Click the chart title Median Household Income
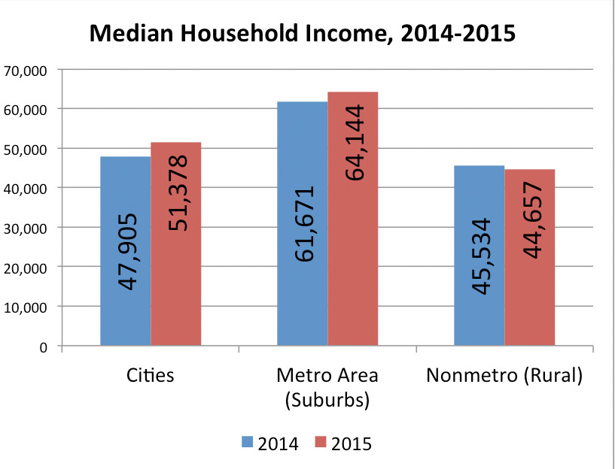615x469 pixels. tap(303, 34)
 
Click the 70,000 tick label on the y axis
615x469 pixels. tap(27, 70)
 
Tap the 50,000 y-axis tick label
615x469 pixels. tap(27, 149)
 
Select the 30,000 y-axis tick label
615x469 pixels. tap(27, 228)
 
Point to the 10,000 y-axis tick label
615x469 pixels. tap(27, 307)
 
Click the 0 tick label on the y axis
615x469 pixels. tap(43, 346)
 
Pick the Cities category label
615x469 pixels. tap(150, 375)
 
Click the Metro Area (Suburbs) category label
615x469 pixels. tap(327, 387)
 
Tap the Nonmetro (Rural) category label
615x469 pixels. tap(504, 375)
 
